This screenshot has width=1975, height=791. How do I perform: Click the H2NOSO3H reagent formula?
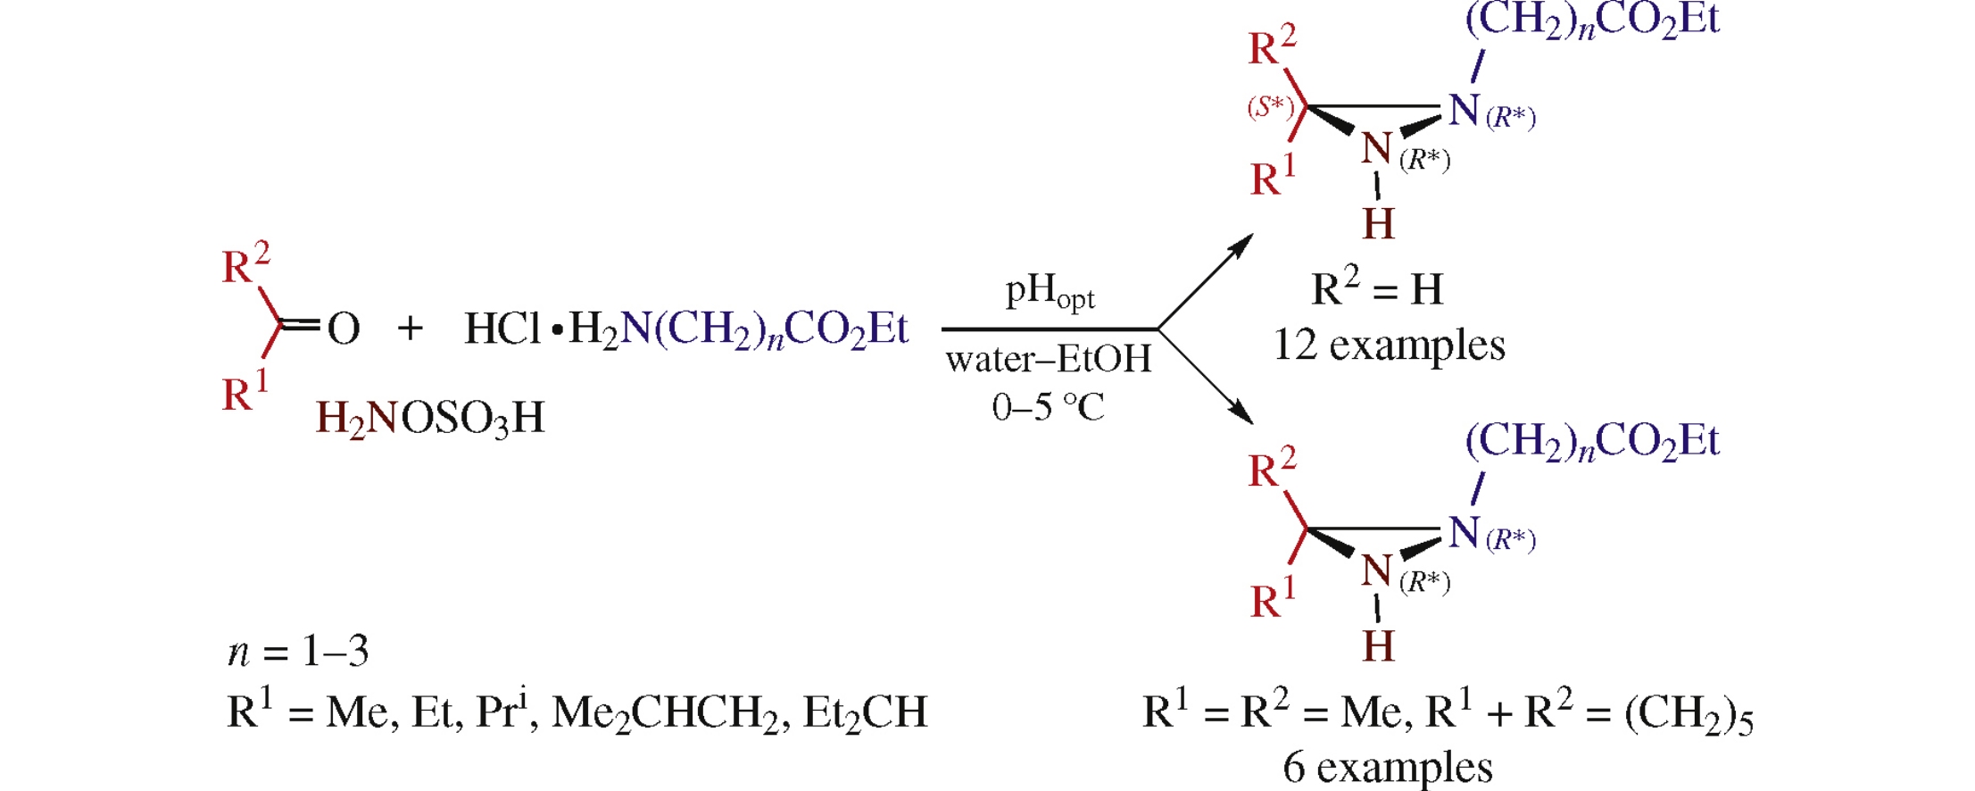(430, 418)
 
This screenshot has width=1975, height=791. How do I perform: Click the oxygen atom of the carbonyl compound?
(344, 329)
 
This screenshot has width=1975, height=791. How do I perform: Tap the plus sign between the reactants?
(410, 329)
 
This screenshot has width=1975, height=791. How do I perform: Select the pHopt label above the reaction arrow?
(1050, 292)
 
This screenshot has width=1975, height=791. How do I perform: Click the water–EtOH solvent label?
(1049, 360)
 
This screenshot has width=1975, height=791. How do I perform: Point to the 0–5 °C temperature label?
(1048, 407)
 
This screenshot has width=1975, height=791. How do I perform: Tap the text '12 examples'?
(1389, 345)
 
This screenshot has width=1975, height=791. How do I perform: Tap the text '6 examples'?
(1387, 767)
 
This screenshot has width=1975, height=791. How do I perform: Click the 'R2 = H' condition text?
(1377, 287)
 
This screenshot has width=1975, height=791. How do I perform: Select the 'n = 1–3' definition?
(298, 652)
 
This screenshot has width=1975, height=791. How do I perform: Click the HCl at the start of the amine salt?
(502, 329)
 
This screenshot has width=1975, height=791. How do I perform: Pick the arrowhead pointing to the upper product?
(1242, 244)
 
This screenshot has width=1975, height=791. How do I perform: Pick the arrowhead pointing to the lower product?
(1242, 414)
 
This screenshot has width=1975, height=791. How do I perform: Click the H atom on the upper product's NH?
(1378, 223)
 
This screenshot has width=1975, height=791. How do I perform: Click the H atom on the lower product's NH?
(1378, 645)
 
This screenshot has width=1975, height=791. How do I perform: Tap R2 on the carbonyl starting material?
(245, 264)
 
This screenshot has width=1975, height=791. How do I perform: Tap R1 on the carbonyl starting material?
(245, 393)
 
